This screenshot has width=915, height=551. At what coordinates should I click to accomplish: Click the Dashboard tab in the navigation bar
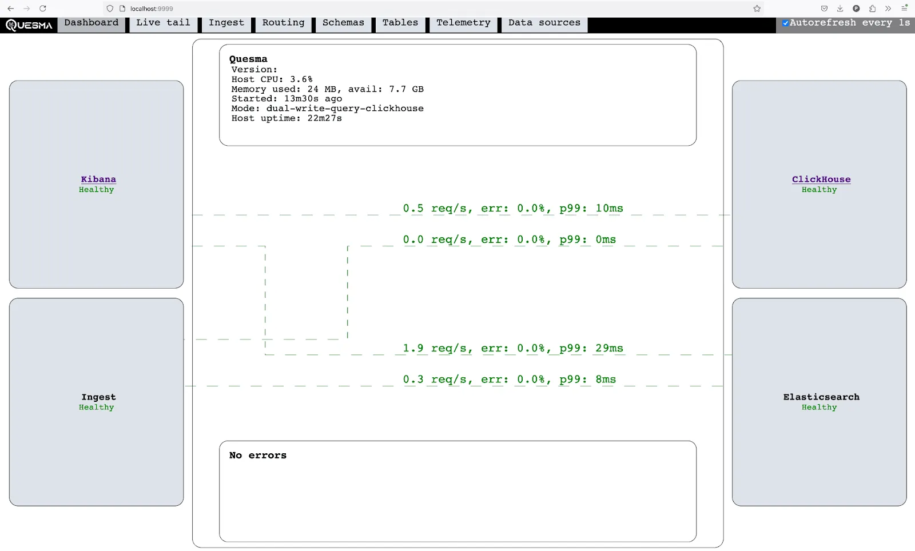tap(91, 23)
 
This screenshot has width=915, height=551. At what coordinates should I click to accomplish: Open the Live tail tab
tap(163, 23)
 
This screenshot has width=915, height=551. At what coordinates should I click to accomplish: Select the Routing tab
tap(283, 23)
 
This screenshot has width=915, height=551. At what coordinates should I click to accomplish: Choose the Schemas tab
tap(343, 23)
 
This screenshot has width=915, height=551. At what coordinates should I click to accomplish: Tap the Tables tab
tap(400, 23)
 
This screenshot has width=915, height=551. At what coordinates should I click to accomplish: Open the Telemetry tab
tap(463, 23)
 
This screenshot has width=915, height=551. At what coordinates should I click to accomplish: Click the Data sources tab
tap(544, 23)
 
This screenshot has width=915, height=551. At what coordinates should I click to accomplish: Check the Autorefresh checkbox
tap(786, 23)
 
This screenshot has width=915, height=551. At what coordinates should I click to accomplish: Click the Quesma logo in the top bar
tap(29, 25)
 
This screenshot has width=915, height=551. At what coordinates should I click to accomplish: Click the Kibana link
tap(98, 179)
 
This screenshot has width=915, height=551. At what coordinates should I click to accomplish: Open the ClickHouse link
tap(821, 179)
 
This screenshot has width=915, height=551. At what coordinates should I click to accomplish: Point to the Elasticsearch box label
tap(821, 397)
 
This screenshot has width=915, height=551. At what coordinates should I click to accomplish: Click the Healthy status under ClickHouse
tap(819, 190)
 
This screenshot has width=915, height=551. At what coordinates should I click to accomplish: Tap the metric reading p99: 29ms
tap(591, 348)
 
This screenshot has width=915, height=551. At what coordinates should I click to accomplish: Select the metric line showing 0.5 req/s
tap(512, 209)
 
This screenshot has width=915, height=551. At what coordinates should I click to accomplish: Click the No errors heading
tap(258, 456)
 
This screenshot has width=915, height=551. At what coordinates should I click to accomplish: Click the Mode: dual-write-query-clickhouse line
tap(327, 109)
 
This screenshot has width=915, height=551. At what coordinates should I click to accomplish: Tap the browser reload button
tap(43, 9)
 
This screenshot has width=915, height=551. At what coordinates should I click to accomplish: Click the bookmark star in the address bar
tap(757, 9)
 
